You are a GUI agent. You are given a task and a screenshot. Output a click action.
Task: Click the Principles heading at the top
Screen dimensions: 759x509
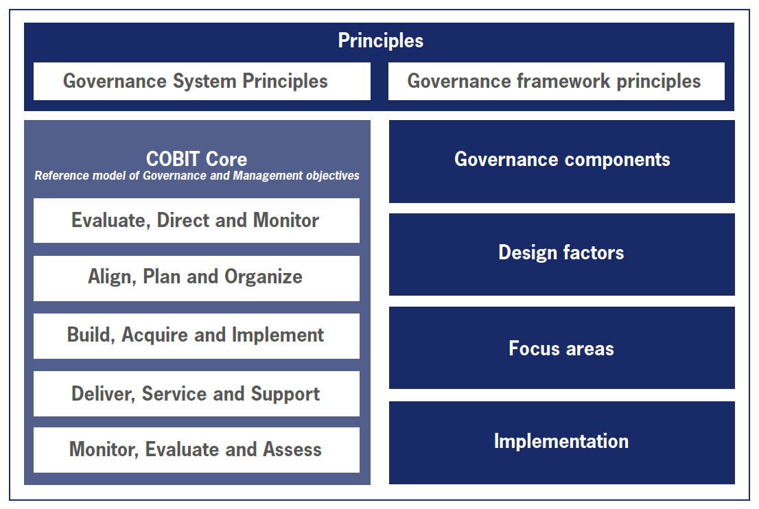[x=380, y=40]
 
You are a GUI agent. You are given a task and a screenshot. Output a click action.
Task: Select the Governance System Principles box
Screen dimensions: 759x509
[x=202, y=81]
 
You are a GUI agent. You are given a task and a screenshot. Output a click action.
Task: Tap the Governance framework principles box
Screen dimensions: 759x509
[x=556, y=81]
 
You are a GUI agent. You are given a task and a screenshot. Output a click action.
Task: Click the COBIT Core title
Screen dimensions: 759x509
[x=196, y=159]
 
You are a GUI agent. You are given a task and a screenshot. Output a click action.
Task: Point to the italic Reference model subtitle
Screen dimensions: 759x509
[x=196, y=176]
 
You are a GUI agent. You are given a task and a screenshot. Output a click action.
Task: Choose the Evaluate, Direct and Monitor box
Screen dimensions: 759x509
[x=196, y=221]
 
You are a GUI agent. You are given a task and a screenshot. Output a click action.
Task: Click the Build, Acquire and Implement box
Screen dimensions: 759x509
[x=196, y=335]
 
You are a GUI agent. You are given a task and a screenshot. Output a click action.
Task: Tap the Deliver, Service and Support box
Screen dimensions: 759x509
[x=196, y=393]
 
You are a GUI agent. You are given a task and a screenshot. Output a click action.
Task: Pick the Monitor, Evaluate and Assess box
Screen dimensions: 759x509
[x=196, y=450]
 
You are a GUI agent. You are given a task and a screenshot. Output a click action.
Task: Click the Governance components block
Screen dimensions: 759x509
[x=562, y=162]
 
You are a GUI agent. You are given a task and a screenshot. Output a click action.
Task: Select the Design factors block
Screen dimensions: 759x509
[x=562, y=254]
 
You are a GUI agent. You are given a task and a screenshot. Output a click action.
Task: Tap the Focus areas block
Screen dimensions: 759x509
[x=562, y=348]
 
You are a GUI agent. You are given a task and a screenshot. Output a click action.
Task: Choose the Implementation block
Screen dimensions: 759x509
[x=562, y=442]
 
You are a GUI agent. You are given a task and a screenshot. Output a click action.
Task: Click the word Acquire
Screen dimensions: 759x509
[x=154, y=335]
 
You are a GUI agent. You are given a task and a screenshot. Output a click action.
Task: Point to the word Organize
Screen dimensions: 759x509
[x=264, y=277]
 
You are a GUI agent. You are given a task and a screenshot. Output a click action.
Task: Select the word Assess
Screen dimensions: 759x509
[x=292, y=449]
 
